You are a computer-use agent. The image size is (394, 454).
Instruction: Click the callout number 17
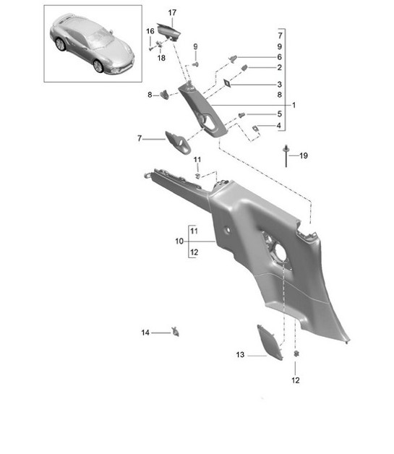click(x=172, y=13)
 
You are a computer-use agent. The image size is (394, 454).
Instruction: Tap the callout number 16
click(x=150, y=31)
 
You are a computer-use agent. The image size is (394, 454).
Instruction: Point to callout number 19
click(x=304, y=155)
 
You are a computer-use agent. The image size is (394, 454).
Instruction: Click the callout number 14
click(x=145, y=333)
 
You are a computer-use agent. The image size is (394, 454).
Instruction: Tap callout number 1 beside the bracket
click(x=294, y=105)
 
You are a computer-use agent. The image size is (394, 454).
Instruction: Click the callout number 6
click(x=279, y=56)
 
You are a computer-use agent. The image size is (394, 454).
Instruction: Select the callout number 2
click(x=279, y=67)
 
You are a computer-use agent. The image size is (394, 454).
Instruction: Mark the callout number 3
click(x=279, y=84)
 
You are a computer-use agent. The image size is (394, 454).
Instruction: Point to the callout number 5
click(x=279, y=114)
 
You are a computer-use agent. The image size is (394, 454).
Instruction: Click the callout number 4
click(x=279, y=126)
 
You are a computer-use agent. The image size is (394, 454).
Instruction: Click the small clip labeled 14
click(x=176, y=332)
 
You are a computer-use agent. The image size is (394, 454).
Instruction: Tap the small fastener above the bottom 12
click(x=296, y=354)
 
